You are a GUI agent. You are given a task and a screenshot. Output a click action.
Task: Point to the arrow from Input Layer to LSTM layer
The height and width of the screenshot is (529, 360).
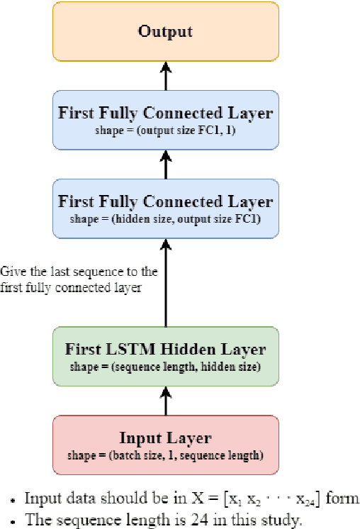(x=166, y=401)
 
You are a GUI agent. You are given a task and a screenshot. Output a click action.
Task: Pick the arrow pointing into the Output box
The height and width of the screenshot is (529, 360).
(x=166, y=74)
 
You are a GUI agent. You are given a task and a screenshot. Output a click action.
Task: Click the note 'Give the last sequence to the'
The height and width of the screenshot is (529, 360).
(x=79, y=272)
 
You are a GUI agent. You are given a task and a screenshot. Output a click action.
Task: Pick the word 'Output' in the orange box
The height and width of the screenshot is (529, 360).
(x=166, y=31)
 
